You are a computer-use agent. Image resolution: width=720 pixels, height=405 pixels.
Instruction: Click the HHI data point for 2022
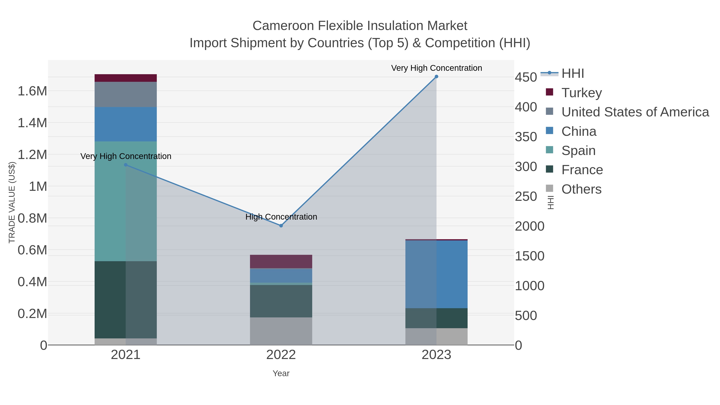click(x=281, y=226)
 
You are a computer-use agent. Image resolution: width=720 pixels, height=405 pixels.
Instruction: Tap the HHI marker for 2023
click(x=436, y=77)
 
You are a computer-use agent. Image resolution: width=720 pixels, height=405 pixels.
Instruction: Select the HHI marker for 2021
click(x=126, y=165)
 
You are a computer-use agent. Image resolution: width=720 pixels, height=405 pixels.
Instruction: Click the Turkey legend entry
click(x=581, y=93)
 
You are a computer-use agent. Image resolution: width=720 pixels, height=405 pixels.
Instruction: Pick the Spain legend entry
click(x=578, y=151)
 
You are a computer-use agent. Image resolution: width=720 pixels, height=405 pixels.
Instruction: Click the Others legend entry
click(x=581, y=189)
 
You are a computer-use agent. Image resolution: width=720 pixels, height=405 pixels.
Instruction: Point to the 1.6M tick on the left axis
click(x=32, y=91)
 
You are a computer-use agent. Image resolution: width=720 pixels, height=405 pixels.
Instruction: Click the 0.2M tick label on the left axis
click(x=32, y=314)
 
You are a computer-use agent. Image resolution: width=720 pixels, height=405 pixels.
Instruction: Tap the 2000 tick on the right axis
click(x=529, y=226)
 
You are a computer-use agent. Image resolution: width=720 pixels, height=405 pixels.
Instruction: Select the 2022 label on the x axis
click(x=281, y=355)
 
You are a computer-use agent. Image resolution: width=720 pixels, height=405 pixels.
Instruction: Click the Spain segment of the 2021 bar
click(x=126, y=201)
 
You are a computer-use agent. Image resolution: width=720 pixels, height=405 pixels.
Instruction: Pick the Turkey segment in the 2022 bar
click(x=281, y=262)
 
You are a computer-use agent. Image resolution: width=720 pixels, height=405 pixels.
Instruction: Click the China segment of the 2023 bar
click(x=436, y=274)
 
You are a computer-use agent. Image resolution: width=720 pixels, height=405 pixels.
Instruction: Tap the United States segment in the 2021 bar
click(x=126, y=94)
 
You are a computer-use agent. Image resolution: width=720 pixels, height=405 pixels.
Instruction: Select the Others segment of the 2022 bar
click(x=281, y=331)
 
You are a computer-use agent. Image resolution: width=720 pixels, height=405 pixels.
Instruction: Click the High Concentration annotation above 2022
click(x=281, y=217)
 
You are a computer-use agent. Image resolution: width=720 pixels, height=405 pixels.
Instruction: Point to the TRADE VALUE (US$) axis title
click(x=12, y=202)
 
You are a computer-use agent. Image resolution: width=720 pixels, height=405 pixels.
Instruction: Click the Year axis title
click(x=281, y=373)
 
